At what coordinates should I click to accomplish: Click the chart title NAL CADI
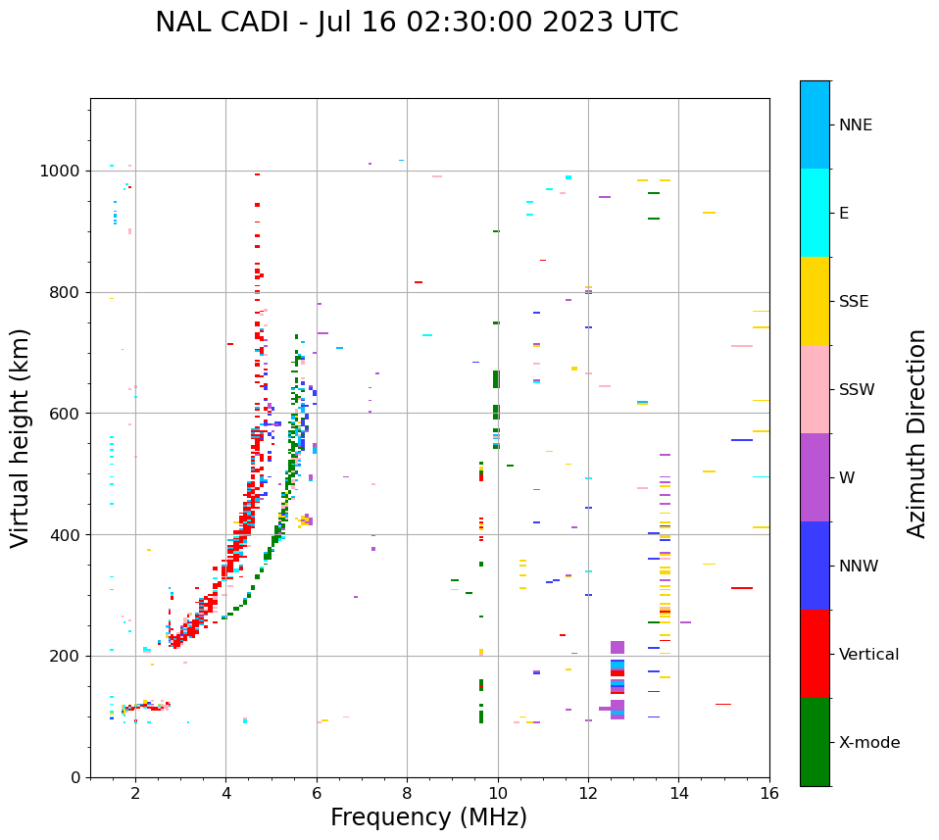[416, 23]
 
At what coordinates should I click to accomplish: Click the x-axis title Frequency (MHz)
[428, 817]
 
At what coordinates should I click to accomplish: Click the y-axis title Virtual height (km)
[21, 437]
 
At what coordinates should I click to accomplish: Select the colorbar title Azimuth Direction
[916, 433]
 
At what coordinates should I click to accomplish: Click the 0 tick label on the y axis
[76, 777]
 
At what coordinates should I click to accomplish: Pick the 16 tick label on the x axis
[768, 793]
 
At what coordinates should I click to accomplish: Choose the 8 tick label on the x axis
[407, 793]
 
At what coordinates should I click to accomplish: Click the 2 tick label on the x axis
[135, 793]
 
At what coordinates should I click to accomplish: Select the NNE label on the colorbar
[855, 125]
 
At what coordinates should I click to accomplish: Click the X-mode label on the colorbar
[868, 743]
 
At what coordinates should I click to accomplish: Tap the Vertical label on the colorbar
[868, 655]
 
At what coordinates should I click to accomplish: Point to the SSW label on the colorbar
[857, 390]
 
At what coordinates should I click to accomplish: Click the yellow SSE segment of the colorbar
[815, 301]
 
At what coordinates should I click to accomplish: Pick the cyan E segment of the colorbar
[815, 213]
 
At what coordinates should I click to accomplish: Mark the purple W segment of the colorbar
[815, 477]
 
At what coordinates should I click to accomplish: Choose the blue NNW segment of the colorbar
[815, 566]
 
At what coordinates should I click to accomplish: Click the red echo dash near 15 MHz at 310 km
[742, 588]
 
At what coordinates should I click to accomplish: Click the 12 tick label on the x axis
[588, 793]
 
